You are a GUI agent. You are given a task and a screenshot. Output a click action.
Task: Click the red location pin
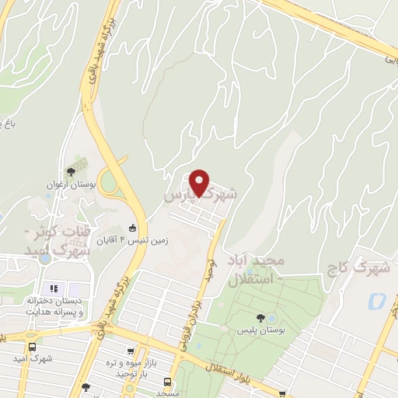pos(201,183)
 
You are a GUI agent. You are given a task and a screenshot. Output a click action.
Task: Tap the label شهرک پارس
pos(198,193)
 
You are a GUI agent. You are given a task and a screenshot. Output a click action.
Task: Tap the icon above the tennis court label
pos(133,228)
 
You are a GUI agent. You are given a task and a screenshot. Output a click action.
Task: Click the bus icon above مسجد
pos(167,381)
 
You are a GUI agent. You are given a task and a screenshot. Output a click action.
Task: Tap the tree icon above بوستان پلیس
pos(260,318)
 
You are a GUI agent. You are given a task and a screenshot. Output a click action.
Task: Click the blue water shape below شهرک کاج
pos(378,300)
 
